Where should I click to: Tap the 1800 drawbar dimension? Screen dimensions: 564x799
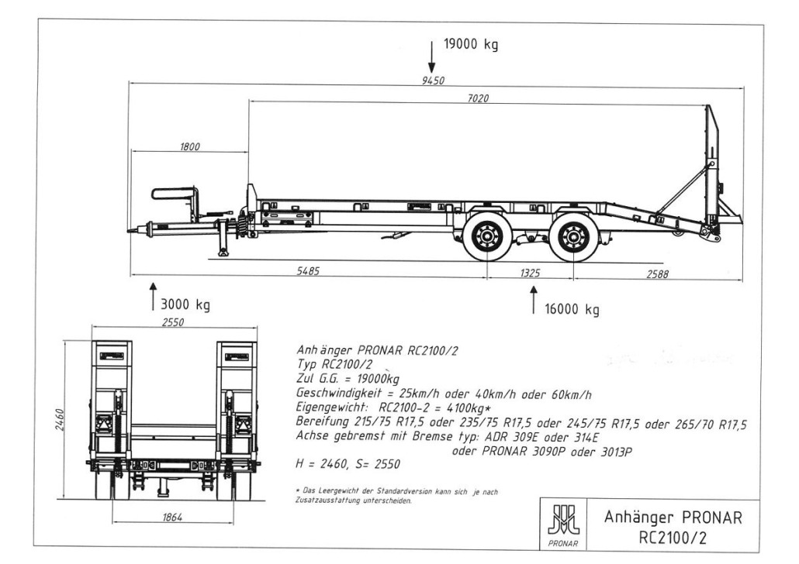click(x=190, y=146)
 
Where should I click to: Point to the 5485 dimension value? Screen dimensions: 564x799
click(x=309, y=271)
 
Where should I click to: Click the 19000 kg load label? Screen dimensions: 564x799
click(x=470, y=44)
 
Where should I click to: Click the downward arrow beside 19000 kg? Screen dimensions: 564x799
click(x=431, y=55)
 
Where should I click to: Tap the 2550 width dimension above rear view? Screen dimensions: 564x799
click(x=173, y=322)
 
